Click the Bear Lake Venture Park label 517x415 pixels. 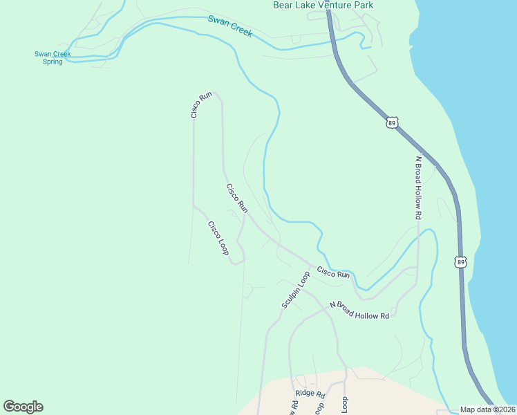323,6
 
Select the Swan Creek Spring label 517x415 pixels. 53,57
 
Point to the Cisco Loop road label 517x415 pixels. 218,237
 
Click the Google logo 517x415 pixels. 23,407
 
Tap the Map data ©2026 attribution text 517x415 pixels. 487,409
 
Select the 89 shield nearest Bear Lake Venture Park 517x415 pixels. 392,122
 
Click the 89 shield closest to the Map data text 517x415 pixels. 460,261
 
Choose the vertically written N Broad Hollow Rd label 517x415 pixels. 418,187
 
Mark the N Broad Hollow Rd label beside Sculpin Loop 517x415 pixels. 359,310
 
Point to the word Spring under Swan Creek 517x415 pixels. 53,62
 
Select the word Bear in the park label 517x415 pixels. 283,6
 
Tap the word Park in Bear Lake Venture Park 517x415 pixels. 363,6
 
